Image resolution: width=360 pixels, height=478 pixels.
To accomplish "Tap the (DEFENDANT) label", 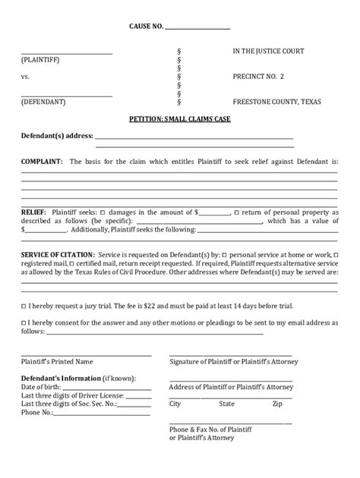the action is [43, 101].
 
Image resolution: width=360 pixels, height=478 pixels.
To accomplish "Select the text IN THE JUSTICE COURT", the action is [268, 51].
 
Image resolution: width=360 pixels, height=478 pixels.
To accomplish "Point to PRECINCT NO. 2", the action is [258, 77].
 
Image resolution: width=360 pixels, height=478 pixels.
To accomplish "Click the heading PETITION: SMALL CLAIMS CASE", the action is [179, 119].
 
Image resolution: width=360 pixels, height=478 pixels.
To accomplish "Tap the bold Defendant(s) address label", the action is [57, 137].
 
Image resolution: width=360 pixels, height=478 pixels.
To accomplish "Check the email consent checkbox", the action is [24, 322].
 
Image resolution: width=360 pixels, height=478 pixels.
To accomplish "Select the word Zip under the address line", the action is [277, 404].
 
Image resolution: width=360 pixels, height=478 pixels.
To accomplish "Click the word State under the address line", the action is [227, 404].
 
